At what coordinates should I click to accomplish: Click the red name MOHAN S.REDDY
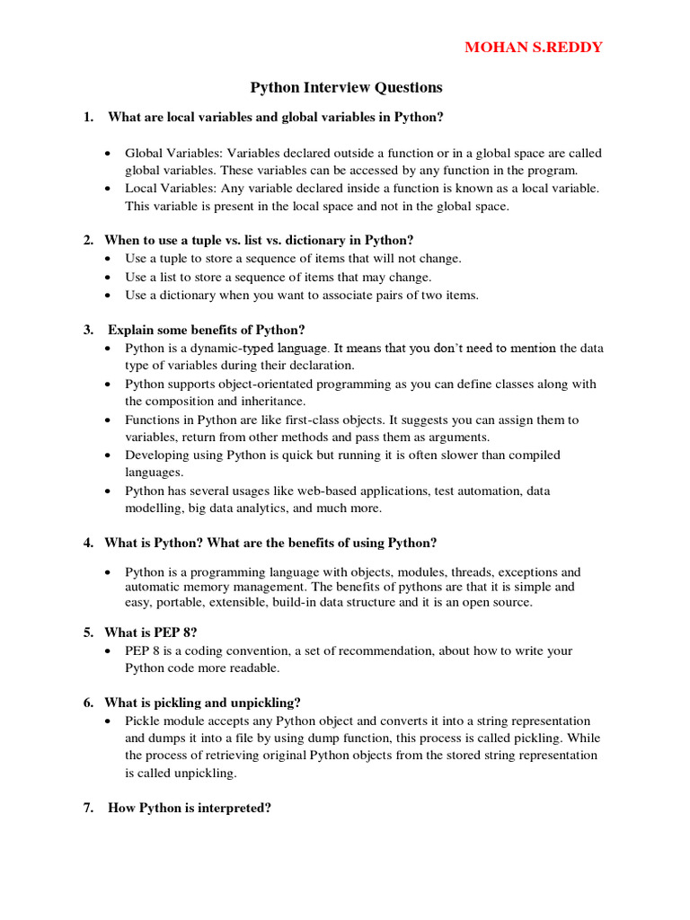coord(534,47)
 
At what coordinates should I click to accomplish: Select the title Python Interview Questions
coord(346,87)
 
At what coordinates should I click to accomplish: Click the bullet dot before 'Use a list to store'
coord(108,278)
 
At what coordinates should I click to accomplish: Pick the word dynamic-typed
coord(223,348)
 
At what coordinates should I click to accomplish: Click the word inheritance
coord(274,401)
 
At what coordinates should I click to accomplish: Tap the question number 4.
coord(88,543)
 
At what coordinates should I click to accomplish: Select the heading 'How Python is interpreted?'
coord(190,808)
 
